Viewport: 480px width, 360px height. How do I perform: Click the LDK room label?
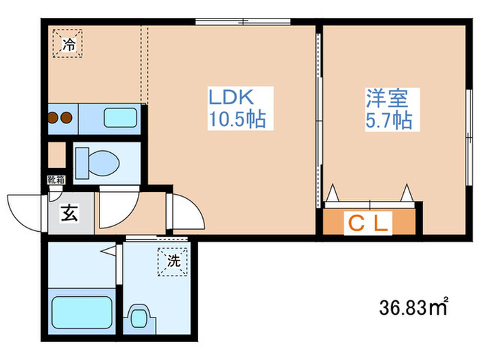231,97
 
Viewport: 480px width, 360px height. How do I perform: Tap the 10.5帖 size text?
237,119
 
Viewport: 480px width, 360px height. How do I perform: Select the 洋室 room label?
387,98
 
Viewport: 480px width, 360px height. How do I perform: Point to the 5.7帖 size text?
389,120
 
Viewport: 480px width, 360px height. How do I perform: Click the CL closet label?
369,224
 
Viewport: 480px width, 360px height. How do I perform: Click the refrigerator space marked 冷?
68,43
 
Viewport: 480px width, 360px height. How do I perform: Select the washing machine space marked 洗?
173,262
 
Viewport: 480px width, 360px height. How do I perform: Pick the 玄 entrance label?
70,213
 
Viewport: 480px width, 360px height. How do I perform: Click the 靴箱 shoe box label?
56,180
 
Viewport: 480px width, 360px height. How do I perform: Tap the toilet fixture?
97,163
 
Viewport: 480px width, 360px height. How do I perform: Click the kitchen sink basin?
120,118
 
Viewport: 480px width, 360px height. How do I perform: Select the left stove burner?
53,117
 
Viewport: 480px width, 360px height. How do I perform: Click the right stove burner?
66,117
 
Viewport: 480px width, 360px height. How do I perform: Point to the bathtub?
82,312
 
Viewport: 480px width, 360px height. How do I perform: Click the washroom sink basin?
139,317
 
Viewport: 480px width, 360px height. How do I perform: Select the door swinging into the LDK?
185,211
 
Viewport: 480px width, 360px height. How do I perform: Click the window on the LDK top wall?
243,22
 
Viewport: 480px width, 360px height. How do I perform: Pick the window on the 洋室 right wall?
469,137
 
